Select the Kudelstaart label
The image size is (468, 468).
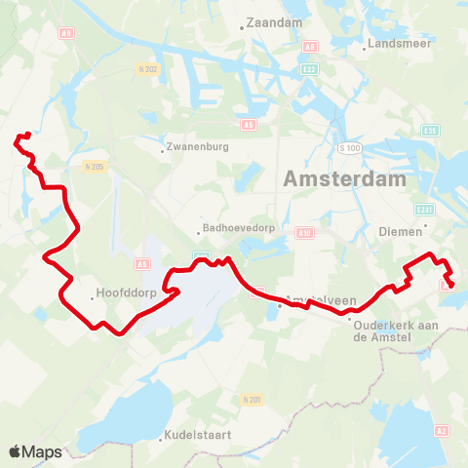(x=198, y=435)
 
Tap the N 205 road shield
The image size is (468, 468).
(x=95, y=167)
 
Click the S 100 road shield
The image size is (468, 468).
(x=350, y=147)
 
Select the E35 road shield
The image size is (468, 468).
(x=430, y=131)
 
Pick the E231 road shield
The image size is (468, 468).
(x=424, y=210)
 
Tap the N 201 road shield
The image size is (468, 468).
(x=253, y=400)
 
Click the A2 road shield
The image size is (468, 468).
(x=442, y=430)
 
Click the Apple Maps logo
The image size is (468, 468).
(x=35, y=451)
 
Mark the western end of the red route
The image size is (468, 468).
(x=18, y=143)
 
